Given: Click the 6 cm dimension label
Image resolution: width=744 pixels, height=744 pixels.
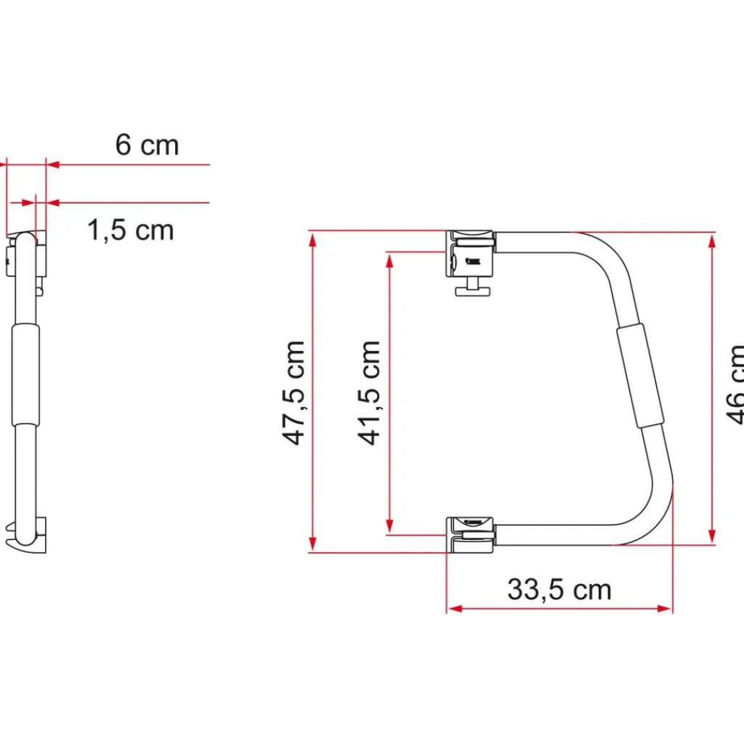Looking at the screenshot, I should pyautogui.click(x=147, y=145).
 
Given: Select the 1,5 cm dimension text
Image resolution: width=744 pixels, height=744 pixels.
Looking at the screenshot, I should pyautogui.click(x=131, y=230).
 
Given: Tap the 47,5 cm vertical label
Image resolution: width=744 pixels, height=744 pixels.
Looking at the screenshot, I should pyautogui.click(x=294, y=392).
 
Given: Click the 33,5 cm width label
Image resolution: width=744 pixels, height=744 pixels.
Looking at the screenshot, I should pyautogui.click(x=559, y=589).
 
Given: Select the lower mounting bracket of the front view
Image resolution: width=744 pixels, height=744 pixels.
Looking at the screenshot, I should pyautogui.click(x=470, y=533).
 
